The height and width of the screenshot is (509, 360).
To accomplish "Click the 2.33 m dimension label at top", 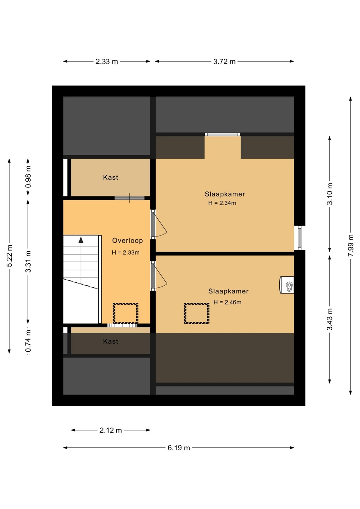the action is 106,62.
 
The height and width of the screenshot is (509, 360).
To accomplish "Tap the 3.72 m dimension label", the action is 224,62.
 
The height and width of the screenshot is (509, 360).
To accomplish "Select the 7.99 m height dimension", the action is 351,245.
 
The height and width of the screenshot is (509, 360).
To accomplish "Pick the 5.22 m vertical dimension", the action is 10,256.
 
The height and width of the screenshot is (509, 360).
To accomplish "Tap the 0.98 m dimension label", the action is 28,177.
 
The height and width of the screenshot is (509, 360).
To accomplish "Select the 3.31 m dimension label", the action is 28,261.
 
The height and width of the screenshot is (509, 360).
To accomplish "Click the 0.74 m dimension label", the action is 28,341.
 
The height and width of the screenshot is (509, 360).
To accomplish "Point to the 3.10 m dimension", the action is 330,194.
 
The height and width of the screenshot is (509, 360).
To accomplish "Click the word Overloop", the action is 128,240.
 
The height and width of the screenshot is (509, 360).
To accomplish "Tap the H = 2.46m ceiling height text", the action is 227,302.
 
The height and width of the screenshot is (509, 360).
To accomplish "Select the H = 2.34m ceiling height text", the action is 222,203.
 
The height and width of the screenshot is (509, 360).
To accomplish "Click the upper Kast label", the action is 111,177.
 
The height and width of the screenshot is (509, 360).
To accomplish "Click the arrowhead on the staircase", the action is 81,240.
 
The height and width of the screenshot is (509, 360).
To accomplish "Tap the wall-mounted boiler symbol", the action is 286,285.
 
